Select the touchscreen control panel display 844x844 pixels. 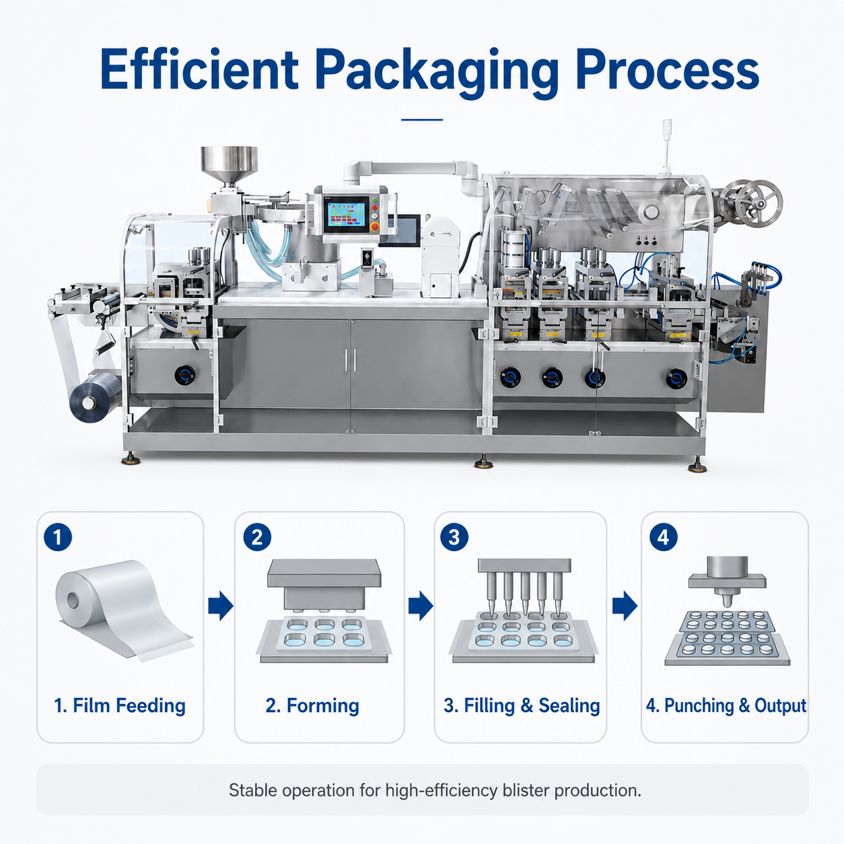(x=346, y=214)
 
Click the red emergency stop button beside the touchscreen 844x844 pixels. (x=375, y=226)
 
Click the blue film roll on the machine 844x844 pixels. (x=95, y=397)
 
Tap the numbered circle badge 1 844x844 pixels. (x=58, y=537)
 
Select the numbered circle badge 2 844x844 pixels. (x=257, y=537)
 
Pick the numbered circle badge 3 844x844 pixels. (x=454, y=537)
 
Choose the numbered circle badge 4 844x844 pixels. (x=663, y=537)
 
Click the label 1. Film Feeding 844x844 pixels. (x=120, y=705)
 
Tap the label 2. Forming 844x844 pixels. (x=312, y=705)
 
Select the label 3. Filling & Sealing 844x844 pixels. (x=522, y=705)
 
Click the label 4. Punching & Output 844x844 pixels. (x=726, y=705)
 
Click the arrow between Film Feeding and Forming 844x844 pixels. (x=221, y=606)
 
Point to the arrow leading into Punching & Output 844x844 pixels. (x=625, y=606)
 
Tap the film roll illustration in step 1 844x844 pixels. (x=122, y=610)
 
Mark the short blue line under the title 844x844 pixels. (x=422, y=120)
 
